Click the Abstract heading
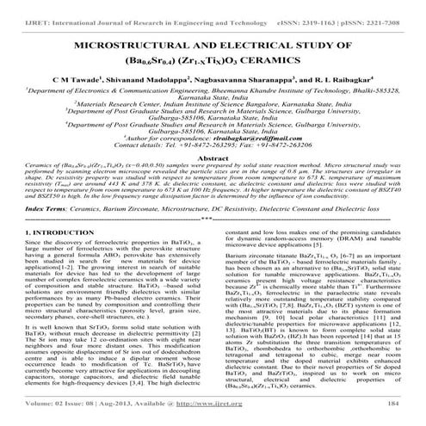pyautogui.click(x=213, y=160)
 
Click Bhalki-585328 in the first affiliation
pyautogui.click(x=379, y=89)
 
